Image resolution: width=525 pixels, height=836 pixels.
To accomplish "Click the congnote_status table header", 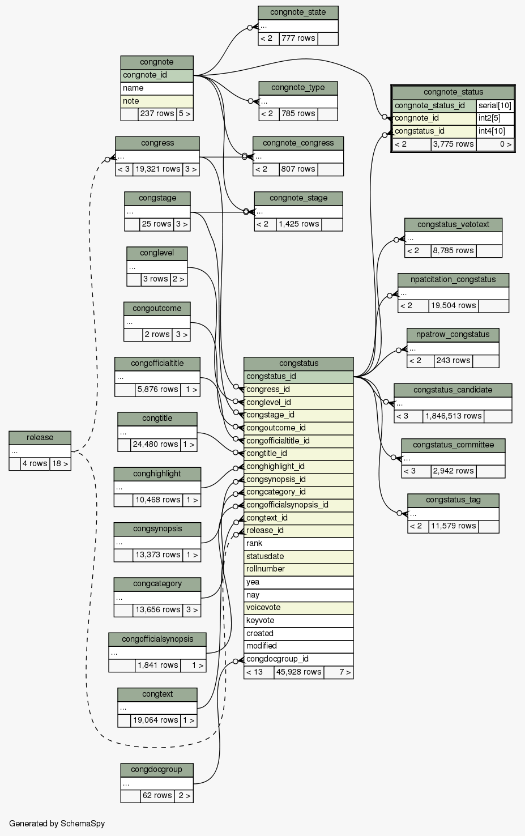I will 453,92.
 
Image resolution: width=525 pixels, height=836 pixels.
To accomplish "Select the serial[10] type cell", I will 494,105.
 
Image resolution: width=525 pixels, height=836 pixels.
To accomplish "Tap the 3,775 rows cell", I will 453,144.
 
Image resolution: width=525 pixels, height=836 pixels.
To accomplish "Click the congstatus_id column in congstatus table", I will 298,376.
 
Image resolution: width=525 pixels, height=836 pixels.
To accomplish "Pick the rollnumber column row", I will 298,569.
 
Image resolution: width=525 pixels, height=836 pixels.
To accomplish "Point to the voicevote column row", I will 298,607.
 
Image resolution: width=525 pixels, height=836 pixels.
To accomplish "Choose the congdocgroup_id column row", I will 298,659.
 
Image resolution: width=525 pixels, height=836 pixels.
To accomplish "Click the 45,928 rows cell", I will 298,672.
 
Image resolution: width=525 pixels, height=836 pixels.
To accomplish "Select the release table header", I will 40,437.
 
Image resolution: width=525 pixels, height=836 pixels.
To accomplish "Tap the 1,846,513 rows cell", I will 453,416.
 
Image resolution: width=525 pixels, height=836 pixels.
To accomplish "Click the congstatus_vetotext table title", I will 453,224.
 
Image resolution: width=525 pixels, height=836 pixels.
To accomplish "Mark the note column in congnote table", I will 157,101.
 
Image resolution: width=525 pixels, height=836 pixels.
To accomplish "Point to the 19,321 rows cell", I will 157,169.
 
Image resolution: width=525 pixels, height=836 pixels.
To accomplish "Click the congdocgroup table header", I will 157,769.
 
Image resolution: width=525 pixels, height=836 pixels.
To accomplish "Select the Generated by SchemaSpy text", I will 57,824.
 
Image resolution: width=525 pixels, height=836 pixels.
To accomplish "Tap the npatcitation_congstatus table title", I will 453,279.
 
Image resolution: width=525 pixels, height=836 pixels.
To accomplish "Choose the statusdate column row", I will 298,556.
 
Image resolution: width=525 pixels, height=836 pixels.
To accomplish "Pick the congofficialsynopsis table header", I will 157,639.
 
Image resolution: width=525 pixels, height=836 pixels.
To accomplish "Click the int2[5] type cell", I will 494,118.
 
